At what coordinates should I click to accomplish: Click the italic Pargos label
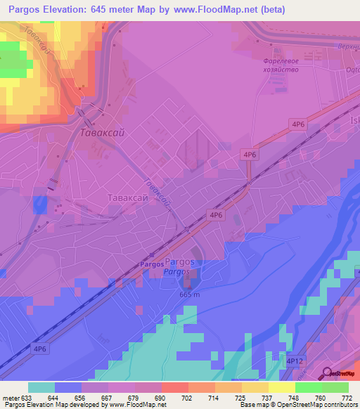(177, 272)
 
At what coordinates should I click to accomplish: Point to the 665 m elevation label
(190, 294)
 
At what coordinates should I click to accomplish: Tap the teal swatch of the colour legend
(41, 387)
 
